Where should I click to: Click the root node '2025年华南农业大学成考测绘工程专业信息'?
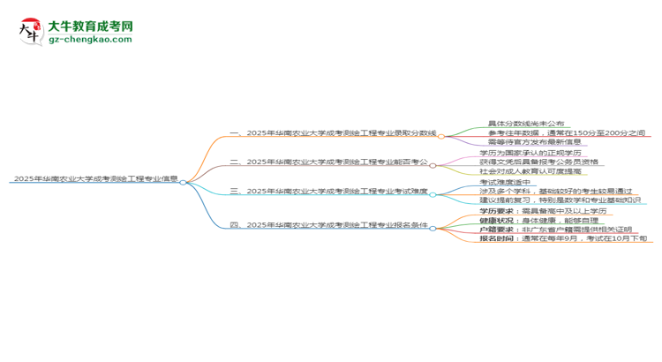click(x=95, y=177)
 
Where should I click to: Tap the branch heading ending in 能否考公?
click(x=328, y=162)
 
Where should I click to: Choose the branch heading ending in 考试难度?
click(x=328, y=191)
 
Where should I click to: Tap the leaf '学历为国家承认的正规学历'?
click(x=522, y=153)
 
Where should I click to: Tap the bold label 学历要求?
click(x=497, y=212)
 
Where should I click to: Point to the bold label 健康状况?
click(x=497, y=221)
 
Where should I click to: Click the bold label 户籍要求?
click(x=497, y=230)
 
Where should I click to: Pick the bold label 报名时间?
click(x=497, y=238)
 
